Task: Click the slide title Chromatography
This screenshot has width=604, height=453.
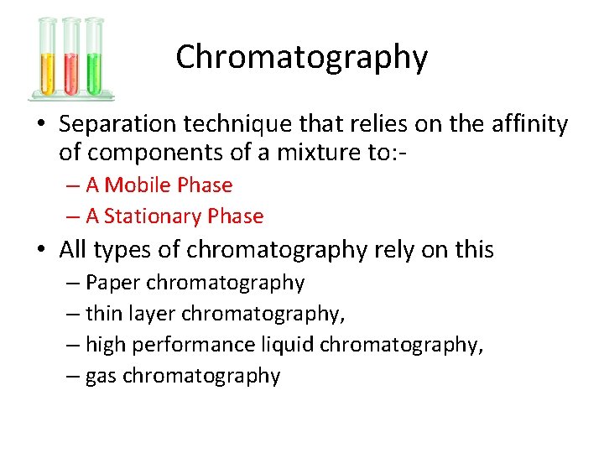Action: (x=301, y=57)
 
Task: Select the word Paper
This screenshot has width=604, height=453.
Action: (x=112, y=283)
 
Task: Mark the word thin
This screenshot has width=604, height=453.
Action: (x=104, y=314)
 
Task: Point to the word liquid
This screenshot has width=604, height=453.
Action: (x=288, y=345)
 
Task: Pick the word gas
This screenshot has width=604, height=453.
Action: (x=101, y=377)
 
